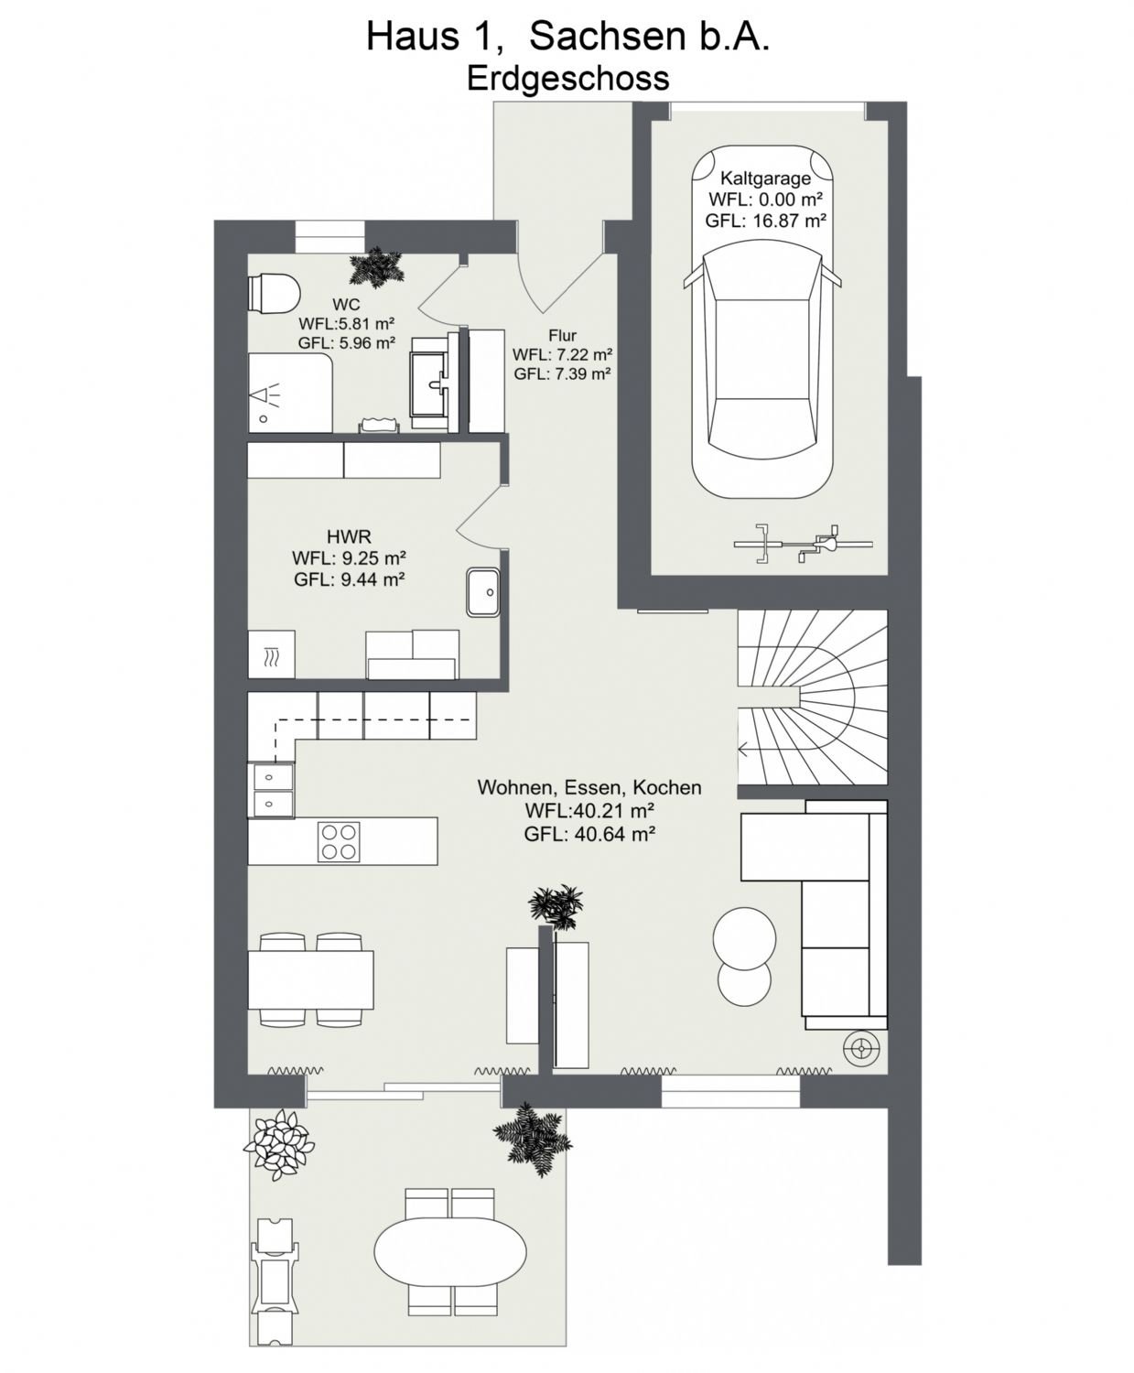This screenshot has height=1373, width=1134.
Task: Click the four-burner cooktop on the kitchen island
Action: point(340,841)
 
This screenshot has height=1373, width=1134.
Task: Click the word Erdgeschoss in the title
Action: point(567,78)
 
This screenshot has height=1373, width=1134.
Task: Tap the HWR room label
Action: point(349,537)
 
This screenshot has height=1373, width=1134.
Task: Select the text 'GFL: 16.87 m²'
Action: point(765,221)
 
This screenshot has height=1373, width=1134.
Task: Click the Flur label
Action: point(562,335)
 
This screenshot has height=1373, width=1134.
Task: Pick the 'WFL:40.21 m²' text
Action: point(589,809)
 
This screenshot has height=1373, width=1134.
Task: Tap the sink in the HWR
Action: point(484,592)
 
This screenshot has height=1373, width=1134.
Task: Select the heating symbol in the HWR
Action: point(272,655)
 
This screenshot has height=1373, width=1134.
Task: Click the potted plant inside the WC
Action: point(375,267)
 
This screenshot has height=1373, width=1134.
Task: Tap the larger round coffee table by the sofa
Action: point(744,937)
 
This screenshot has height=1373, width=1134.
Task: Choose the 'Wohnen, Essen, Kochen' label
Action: point(589,787)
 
